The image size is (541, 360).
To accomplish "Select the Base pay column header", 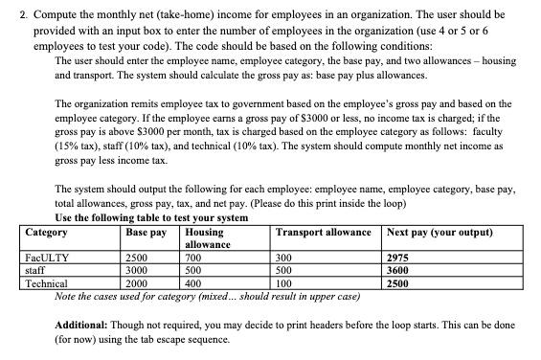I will pos(146,233).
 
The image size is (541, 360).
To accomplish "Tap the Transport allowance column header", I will pos(323,233).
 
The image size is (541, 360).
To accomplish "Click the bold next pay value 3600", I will pos(397,271).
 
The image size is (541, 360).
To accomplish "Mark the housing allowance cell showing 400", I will pos(192,284).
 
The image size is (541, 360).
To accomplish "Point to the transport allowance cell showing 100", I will pos(283,284).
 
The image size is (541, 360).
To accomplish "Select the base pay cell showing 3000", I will pos(137,271).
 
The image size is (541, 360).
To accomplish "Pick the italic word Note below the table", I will pos(66,296).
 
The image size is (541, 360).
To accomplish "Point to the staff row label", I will pos(34,271).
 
